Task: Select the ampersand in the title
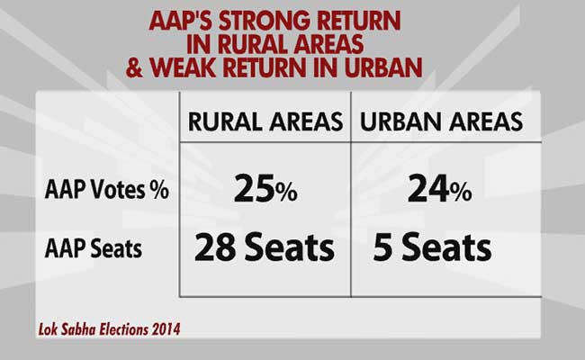pyautogui.click(x=134, y=67)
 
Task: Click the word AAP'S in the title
pyautogui.click(x=181, y=21)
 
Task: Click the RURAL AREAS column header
pyautogui.click(x=265, y=121)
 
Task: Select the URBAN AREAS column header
pyautogui.click(x=441, y=121)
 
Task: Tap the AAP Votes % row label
pyautogui.click(x=107, y=190)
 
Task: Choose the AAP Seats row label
pyautogui.click(x=94, y=248)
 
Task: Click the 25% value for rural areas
pyautogui.click(x=265, y=189)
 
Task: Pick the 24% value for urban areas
pyautogui.click(x=439, y=189)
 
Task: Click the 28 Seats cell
pyautogui.click(x=264, y=247)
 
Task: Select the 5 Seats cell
pyautogui.click(x=432, y=247)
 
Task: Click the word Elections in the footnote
pyautogui.click(x=124, y=329)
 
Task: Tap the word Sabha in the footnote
pyautogui.click(x=78, y=329)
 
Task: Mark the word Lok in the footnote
pyautogui.click(x=48, y=329)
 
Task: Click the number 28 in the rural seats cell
pyautogui.click(x=215, y=247)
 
